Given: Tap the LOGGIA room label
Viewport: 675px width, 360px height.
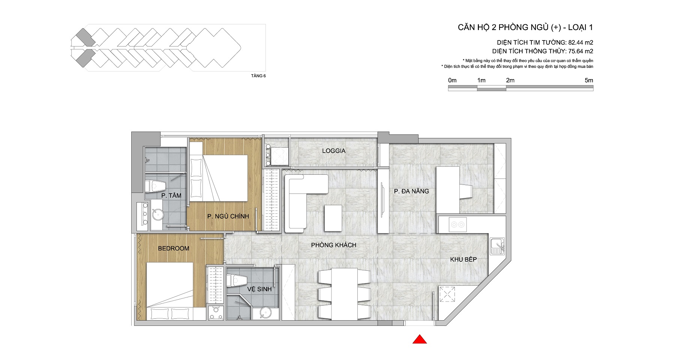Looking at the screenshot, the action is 334,151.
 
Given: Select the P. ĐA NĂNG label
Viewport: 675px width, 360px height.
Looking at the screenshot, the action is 411,191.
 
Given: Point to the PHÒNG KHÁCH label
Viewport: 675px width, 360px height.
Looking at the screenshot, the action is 333,245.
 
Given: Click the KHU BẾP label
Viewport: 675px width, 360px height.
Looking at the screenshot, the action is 463,259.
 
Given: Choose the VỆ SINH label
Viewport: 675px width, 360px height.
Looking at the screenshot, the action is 259,289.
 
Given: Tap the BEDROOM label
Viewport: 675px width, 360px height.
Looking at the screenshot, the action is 174,248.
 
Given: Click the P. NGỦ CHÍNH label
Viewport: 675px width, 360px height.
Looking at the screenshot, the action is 228,216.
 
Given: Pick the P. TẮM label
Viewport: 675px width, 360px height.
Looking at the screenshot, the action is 171,195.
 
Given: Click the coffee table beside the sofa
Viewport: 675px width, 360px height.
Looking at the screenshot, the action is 333,218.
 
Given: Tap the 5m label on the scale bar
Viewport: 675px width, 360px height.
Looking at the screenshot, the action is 589,80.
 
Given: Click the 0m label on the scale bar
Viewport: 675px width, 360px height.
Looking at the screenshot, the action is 452,80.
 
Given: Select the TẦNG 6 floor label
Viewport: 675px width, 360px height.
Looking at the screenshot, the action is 258,76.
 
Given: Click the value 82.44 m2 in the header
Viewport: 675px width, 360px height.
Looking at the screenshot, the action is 580,42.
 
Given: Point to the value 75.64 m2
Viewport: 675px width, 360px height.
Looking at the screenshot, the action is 581,51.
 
